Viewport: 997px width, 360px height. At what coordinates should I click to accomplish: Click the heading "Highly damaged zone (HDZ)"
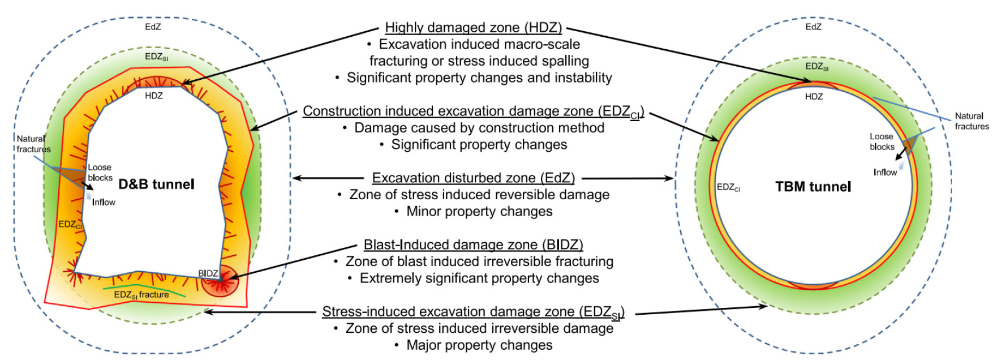coord(474,27)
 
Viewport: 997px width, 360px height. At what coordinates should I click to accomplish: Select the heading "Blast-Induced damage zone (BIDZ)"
coord(473,245)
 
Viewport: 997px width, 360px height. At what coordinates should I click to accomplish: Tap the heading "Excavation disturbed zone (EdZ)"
coord(473,178)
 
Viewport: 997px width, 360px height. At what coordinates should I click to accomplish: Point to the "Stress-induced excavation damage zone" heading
coord(473,312)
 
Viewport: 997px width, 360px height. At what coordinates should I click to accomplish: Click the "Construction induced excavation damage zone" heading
coord(473,112)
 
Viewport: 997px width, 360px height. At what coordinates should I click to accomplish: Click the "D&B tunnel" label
coord(156,184)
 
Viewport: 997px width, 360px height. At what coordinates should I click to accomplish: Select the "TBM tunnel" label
coord(813,187)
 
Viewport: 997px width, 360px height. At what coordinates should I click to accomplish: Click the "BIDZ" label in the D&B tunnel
coord(208,273)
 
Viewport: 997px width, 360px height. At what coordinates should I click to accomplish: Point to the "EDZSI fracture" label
coord(141,295)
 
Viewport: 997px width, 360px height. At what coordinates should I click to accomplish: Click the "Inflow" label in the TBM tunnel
coord(885,172)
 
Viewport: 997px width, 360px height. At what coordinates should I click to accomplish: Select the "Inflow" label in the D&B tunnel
coord(104,202)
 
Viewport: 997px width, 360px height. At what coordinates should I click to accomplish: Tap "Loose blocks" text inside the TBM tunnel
coord(882,142)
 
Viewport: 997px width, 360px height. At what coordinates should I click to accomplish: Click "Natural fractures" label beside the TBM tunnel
coord(972,121)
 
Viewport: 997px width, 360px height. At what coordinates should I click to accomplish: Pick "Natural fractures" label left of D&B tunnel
coord(33,144)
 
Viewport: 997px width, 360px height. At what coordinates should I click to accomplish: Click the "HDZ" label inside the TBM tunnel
coord(814,97)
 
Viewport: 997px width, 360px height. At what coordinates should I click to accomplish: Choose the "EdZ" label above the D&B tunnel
coord(153,27)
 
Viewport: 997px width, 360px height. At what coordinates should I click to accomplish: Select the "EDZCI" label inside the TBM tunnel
coord(728,187)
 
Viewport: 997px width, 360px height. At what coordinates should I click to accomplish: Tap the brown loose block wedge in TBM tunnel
coord(909,145)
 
